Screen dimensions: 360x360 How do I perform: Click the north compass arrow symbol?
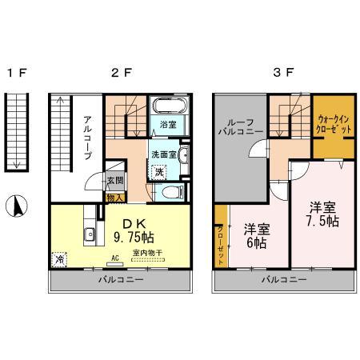(14, 207)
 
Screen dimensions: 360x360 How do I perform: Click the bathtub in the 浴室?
(169, 106)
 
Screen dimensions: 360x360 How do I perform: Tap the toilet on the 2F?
(170, 193)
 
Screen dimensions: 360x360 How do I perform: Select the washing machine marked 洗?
(159, 172)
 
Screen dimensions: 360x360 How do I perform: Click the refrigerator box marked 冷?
(59, 259)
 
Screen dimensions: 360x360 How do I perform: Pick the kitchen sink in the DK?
(90, 235)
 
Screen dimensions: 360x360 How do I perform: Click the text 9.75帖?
(133, 238)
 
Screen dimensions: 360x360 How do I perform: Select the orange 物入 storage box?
(114, 196)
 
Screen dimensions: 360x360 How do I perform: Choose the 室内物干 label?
(147, 254)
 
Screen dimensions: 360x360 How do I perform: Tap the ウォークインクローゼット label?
(333, 125)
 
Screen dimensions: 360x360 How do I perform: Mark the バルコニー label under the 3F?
(283, 280)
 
